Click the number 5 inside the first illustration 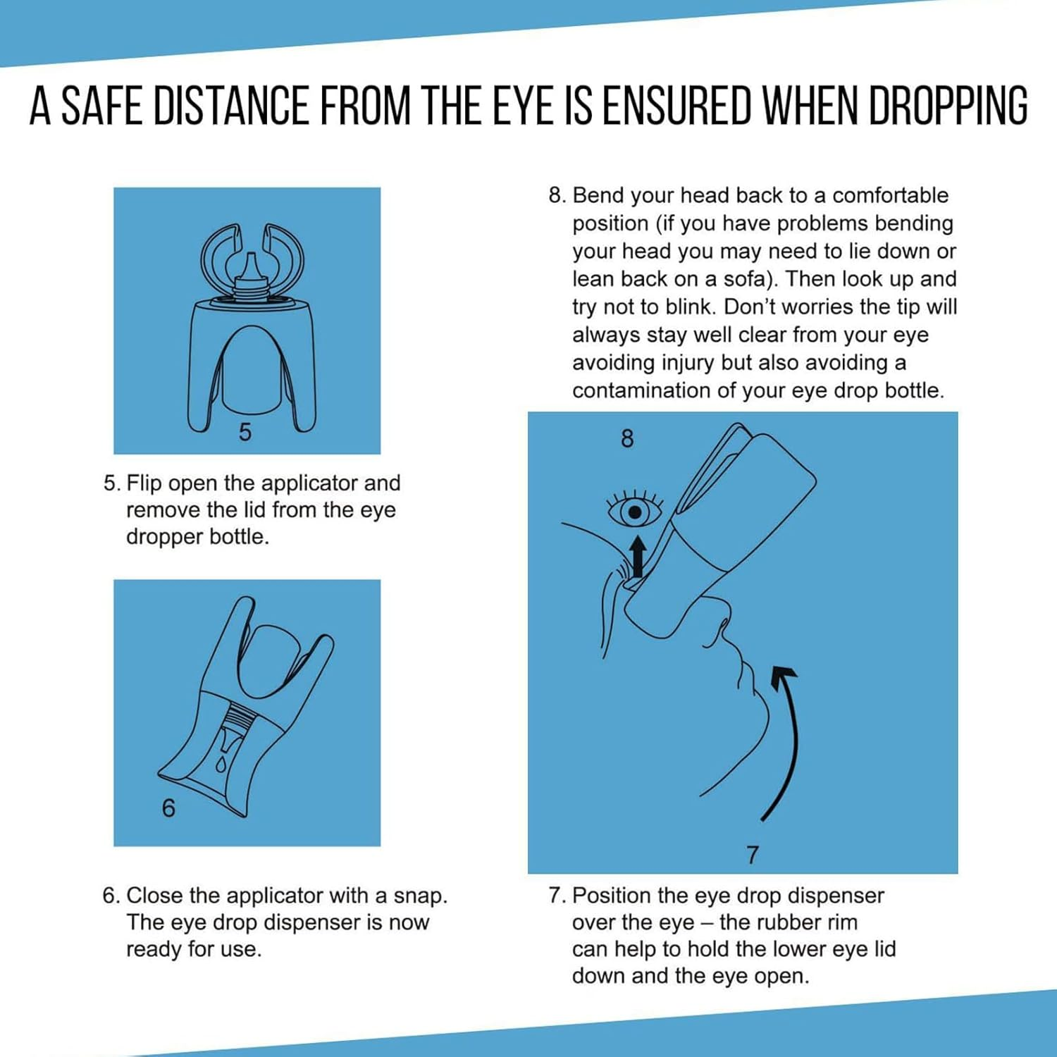click(245, 432)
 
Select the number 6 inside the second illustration click(168, 808)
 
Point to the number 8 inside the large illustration click(627, 439)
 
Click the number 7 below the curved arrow click(753, 855)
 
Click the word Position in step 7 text click(611, 896)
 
